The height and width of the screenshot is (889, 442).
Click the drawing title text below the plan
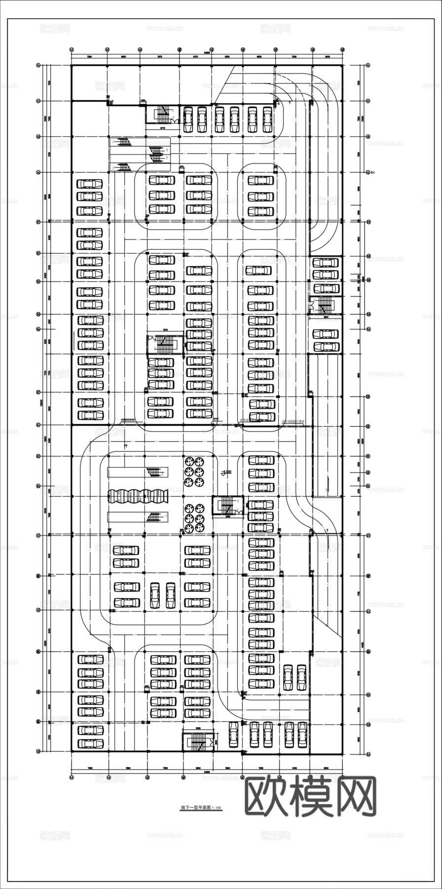(201, 808)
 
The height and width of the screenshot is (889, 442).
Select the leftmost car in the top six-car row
(188, 120)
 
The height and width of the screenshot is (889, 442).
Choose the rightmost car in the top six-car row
(267, 120)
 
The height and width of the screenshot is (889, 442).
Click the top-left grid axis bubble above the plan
(72, 50)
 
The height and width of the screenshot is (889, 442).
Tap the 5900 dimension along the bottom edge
(228, 768)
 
